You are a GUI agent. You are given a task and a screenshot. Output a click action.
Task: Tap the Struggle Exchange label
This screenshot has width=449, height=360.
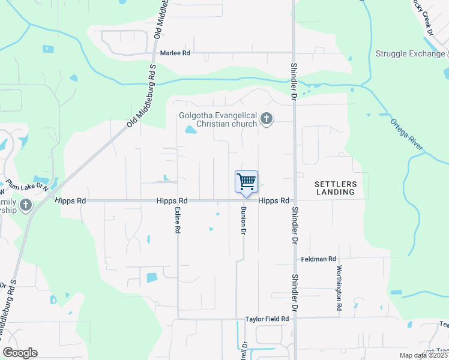pos(410,53)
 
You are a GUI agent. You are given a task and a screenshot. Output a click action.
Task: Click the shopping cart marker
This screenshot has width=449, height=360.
pos(246,181)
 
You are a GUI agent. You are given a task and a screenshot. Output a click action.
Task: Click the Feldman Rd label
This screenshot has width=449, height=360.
pos(318,259)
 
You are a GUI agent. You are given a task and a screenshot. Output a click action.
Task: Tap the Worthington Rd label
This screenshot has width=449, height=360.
pos(339,287)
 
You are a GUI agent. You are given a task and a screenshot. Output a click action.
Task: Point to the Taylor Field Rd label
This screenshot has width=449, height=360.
pos(267,319)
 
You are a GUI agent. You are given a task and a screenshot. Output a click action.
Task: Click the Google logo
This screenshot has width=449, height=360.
pos(20,353)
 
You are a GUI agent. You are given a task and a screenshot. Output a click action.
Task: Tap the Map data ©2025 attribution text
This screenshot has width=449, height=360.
pos(422,355)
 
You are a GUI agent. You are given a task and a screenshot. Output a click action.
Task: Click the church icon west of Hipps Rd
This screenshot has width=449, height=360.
pos(25,206)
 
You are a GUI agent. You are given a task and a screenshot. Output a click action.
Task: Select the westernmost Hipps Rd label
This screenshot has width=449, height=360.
pos(71,201)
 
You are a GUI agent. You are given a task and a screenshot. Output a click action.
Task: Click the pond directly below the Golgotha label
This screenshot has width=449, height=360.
pos(191,129)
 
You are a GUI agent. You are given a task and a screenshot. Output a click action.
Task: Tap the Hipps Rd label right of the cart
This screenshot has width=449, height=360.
pos(274,201)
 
